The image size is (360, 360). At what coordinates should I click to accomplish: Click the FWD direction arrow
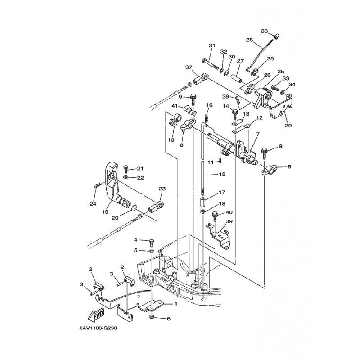pos(96,315)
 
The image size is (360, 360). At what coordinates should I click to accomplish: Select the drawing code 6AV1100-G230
pos(98,328)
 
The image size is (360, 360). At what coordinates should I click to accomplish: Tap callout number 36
pos(265,31)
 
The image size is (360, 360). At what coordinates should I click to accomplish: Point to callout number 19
pos(105,212)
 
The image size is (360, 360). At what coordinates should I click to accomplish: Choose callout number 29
pos(288,126)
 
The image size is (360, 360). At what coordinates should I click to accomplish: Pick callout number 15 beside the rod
pos(222,174)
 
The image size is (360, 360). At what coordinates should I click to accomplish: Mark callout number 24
pos(93,204)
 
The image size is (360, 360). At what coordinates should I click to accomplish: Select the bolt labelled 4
pos(151,243)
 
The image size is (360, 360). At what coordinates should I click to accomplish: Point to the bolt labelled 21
pos(126,169)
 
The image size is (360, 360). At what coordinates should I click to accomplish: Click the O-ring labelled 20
pos(134,207)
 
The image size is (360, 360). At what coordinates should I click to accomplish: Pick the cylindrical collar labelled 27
pos(236,80)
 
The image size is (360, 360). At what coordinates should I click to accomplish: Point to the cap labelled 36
pos(277,36)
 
